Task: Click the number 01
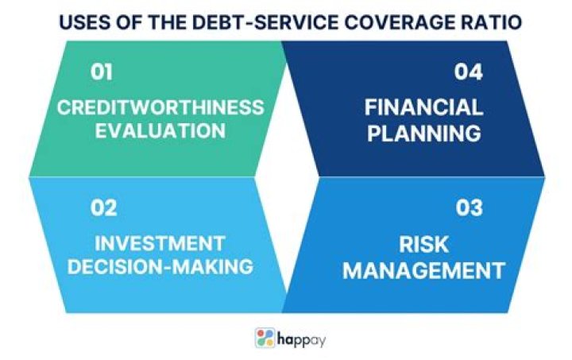(x=102, y=72)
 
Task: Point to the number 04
(x=469, y=72)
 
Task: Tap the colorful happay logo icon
(x=265, y=338)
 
